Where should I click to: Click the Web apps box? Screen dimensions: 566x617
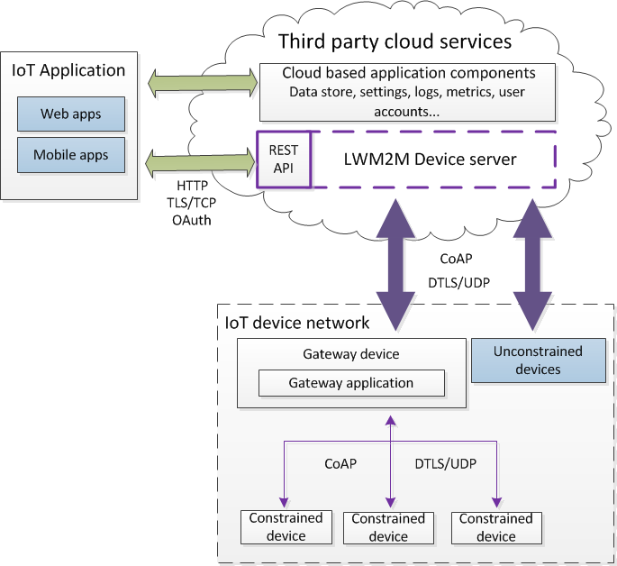[71, 114]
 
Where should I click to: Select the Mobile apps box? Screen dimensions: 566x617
[71, 155]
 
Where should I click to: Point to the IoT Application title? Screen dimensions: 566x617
[68, 70]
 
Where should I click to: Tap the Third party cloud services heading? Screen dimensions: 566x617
[395, 41]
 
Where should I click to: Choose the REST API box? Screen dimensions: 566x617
[284, 160]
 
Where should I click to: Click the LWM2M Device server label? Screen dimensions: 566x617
[431, 160]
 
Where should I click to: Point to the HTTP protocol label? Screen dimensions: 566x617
[192, 186]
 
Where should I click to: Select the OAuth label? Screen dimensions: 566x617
[190, 219]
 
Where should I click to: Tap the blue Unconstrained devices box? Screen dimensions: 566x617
[538, 360]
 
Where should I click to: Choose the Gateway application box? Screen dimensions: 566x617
[351, 383]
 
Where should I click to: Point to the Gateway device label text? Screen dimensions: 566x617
[351, 354]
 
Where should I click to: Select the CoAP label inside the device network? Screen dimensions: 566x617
[340, 464]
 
